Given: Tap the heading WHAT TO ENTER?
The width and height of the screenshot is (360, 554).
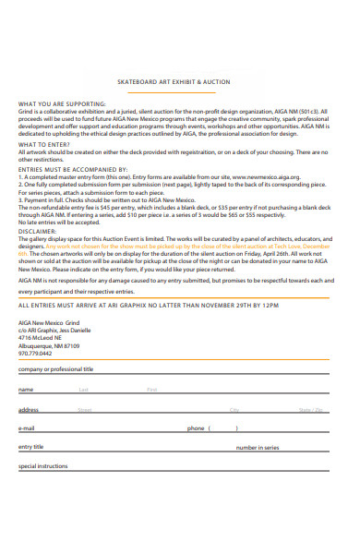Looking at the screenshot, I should [43, 144].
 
